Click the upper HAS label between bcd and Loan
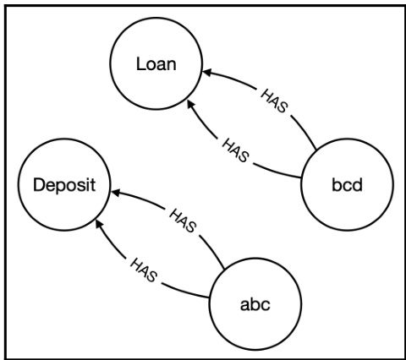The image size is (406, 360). [x=274, y=101]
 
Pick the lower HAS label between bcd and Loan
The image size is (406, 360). [x=235, y=150]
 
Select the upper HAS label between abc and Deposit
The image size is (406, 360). [x=183, y=221]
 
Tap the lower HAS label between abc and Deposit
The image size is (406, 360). [x=144, y=270]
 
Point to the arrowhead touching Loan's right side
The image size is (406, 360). [x=206, y=72]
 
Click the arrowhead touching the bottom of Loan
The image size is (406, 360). [x=191, y=104]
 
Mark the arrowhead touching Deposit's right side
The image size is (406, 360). [x=116, y=192]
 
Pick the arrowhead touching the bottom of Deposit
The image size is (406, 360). [x=99, y=224]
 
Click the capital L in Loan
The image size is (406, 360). [x=140, y=63]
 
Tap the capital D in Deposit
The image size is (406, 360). [x=39, y=185]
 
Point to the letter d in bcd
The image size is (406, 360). [x=357, y=185]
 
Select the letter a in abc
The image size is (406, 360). [x=244, y=306]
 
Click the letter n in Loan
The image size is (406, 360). [x=172, y=65]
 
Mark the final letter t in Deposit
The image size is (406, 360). [x=93, y=186]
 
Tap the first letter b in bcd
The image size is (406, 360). [x=337, y=185]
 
